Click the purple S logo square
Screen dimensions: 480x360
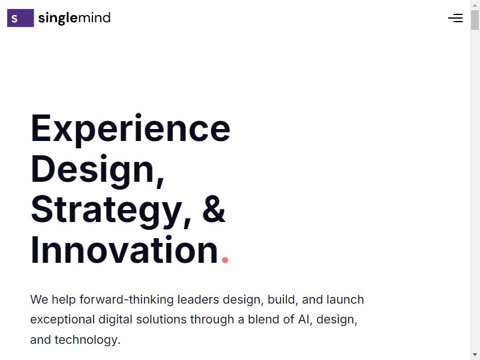coord(20,18)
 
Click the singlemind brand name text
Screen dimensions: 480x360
coord(74,18)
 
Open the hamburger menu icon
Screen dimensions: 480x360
coord(455,18)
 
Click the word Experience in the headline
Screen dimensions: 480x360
coord(131,129)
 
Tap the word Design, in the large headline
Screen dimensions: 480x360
coord(98,170)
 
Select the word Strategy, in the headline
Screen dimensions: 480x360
coord(111,211)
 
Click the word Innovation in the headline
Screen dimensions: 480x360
coord(124,250)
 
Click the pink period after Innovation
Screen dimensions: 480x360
coord(225,260)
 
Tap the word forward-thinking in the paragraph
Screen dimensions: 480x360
coord(127,299)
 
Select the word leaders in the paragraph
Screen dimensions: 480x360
coord(198,299)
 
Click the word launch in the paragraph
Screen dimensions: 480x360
coord(346,299)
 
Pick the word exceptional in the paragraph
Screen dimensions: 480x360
coord(62,320)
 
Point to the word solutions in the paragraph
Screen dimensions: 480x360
coord(161,320)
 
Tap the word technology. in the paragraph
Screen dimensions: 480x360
coord(88,340)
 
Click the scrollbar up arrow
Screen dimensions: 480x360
coord(475,5)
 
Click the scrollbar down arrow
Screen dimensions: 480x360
coord(475,355)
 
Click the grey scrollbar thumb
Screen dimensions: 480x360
coord(475,20)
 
